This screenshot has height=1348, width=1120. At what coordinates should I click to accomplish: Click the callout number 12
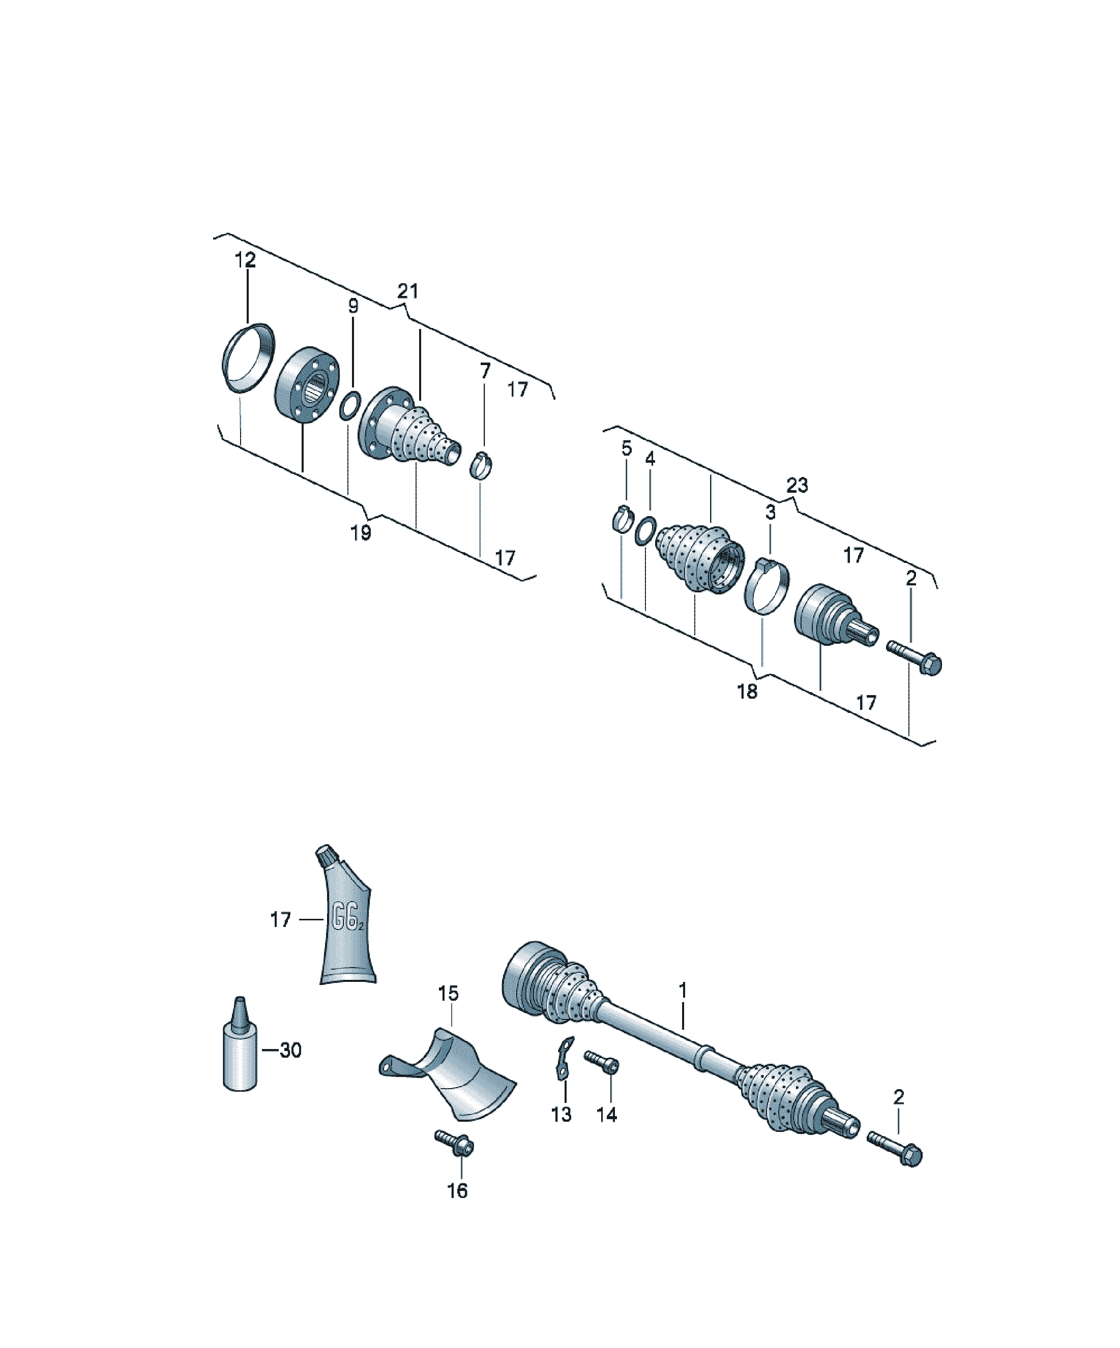(x=245, y=260)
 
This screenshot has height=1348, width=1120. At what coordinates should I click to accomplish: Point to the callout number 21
(x=408, y=291)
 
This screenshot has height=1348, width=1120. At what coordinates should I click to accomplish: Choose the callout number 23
(x=797, y=486)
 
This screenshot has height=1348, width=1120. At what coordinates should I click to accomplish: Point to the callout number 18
(x=747, y=692)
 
